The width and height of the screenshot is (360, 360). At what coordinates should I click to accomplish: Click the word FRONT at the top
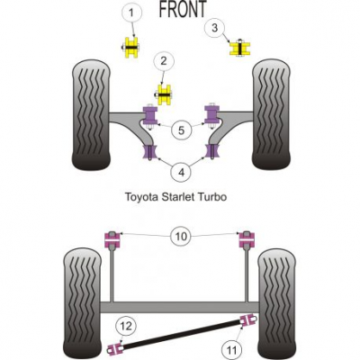(x=183, y=8)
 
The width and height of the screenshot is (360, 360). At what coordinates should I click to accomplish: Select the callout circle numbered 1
(x=131, y=13)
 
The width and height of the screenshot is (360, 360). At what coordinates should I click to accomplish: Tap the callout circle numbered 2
(x=164, y=61)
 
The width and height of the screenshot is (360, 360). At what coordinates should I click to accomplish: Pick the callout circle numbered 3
(x=214, y=28)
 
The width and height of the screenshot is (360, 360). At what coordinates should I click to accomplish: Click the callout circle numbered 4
(x=181, y=172)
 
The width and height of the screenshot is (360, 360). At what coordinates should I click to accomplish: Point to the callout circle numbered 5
(x=181, y=130)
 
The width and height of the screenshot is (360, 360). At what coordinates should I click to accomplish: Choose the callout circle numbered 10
(x=181, y=237)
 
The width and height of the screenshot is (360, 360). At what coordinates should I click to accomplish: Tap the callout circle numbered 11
(x=231, y=349)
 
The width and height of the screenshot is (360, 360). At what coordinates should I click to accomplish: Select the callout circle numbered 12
(x=126, y=326)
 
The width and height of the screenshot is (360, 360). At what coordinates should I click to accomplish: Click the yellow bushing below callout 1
(x=131, y=48)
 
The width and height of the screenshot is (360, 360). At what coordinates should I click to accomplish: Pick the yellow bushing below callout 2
(x=164, y=94)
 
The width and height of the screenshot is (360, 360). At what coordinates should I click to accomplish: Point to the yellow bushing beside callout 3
(x=240, y=49)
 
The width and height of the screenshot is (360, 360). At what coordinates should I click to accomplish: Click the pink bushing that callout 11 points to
(x=247, y=320)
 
